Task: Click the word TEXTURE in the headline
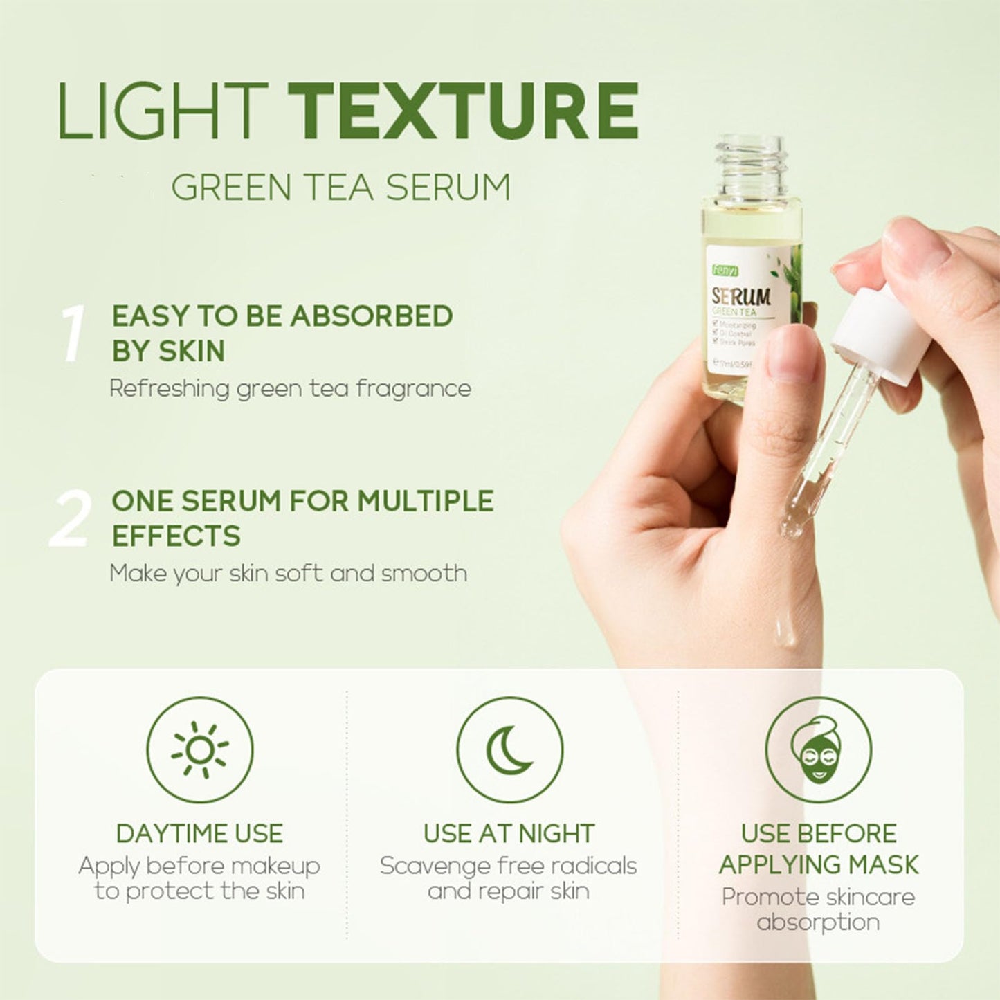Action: coord(463,111)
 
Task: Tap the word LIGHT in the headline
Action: coord(163,111)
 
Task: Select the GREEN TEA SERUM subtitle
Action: coord(340,187)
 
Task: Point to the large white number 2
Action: coord(70,519)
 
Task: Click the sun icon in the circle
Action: coord(199,750)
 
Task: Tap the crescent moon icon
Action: coord(509,750)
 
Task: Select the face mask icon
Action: coord(818,750)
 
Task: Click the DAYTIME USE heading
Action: coord(199,833)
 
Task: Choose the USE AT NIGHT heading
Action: coord(509,833)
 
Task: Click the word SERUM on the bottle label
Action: coord(741,298)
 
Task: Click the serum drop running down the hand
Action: coord(784,633)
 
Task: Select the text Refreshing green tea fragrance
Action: coord(290,388)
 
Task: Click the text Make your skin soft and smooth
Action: coord(288,574)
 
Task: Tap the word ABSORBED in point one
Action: coord(371,316)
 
